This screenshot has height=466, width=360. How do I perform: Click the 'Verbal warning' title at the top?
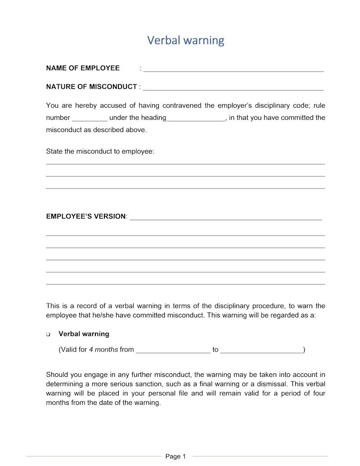(185, 41)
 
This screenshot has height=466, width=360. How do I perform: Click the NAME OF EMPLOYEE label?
(83, 68)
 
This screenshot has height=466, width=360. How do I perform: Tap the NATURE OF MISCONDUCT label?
(91, 86)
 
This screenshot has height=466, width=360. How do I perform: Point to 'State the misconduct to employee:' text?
(100, 151)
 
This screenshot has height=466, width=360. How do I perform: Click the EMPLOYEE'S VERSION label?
(86, 216)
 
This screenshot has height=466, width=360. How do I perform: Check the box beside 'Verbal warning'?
(48, 335)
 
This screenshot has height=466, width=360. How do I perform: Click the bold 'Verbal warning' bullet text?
(84, 334)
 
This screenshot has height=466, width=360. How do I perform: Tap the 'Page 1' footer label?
(175, 457)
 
